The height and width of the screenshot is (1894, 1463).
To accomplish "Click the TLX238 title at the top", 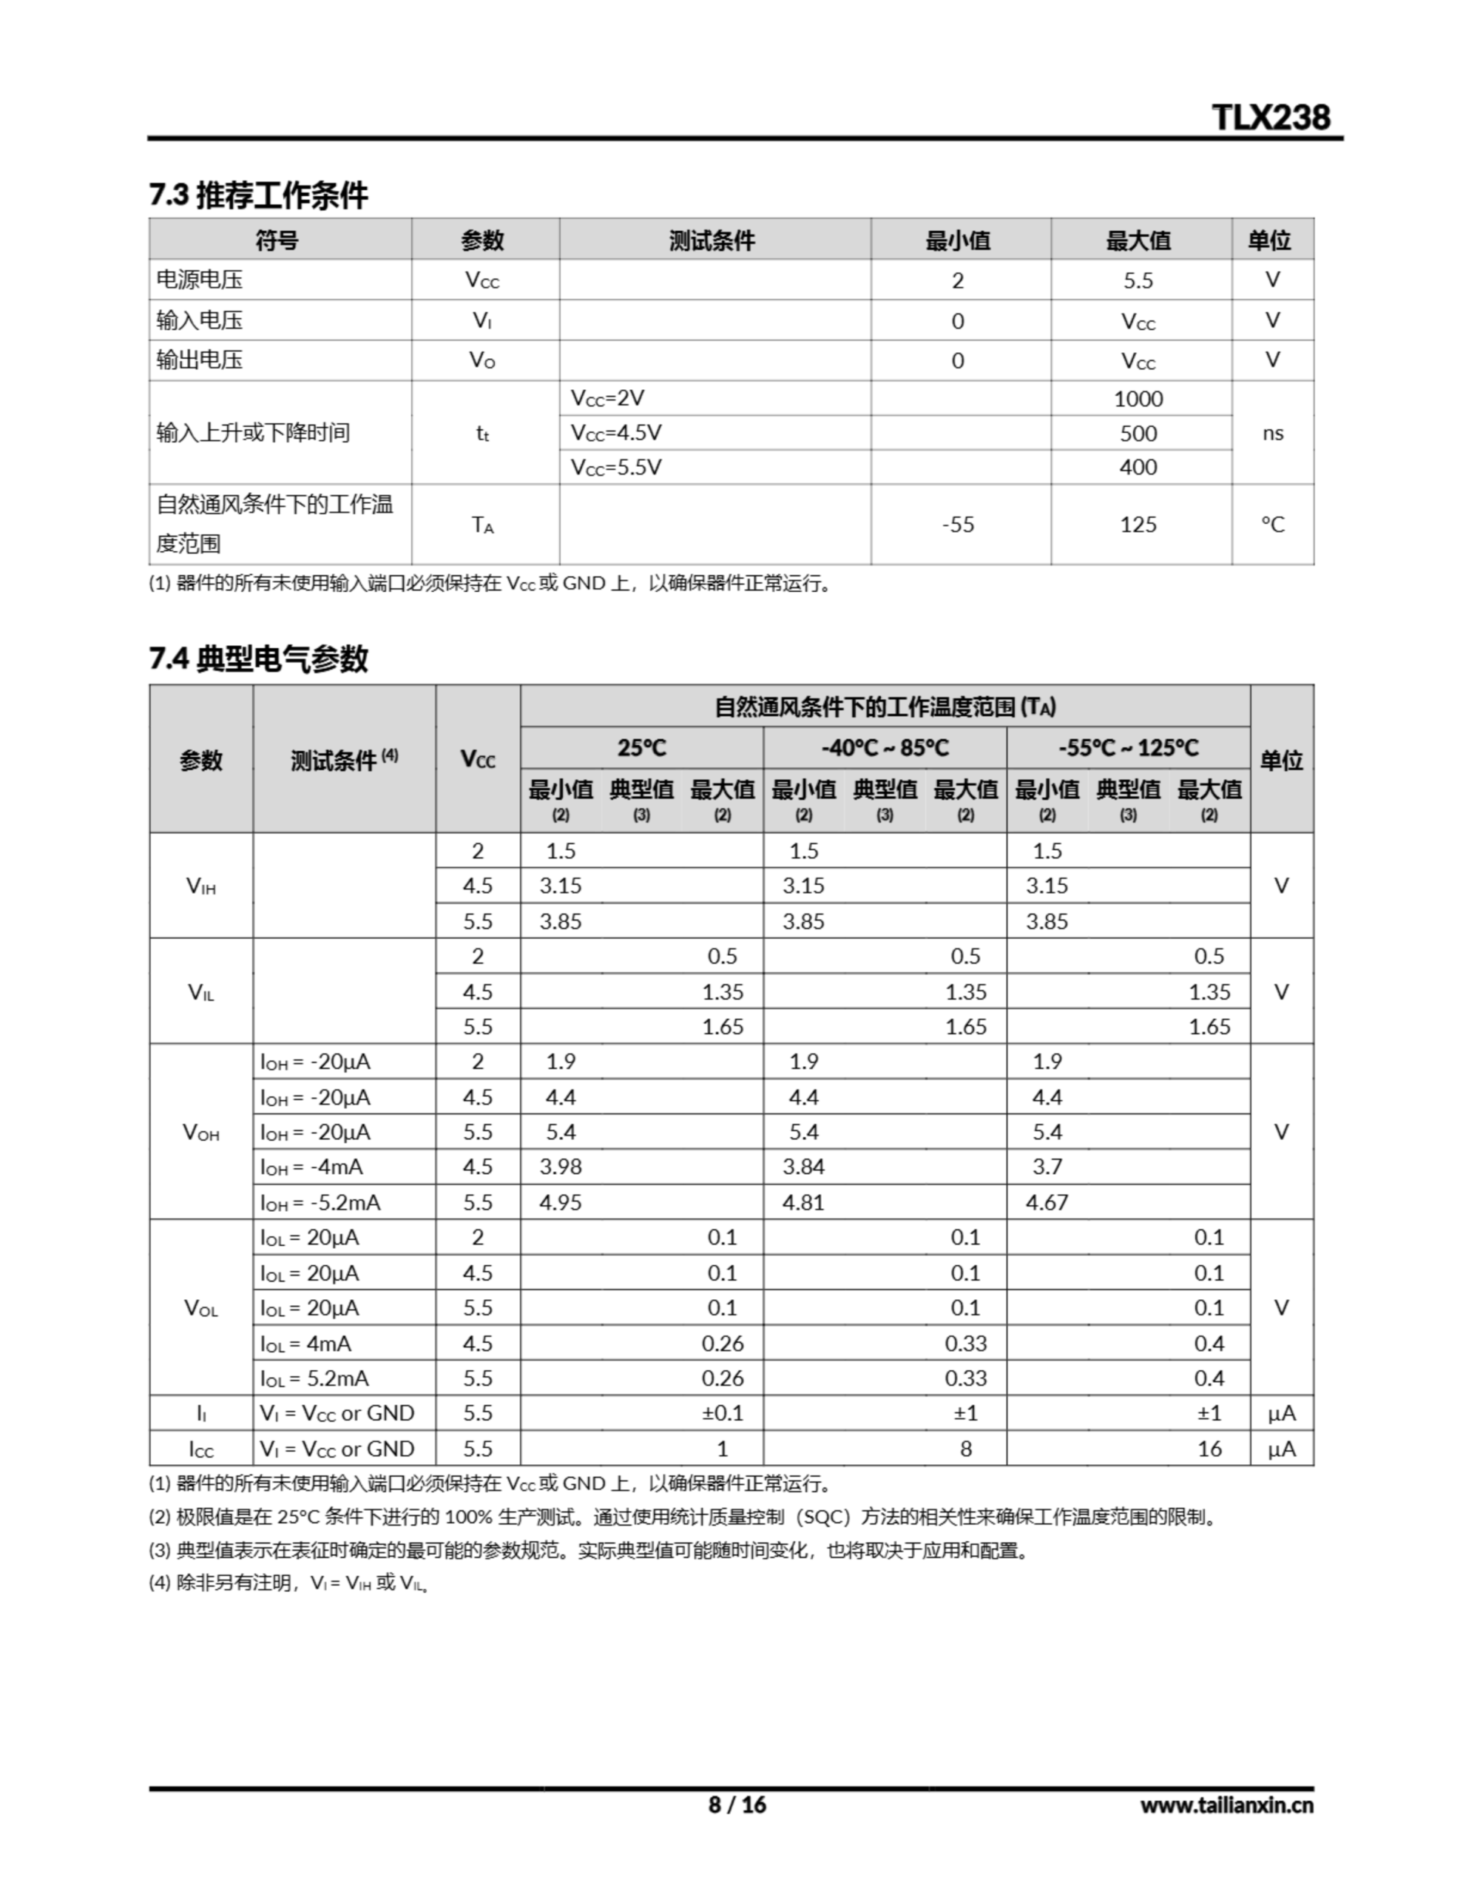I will pyautogui.click(x=1270, y=117).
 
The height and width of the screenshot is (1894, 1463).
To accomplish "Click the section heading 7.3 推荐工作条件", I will pyautogui.click(x=258, y=195).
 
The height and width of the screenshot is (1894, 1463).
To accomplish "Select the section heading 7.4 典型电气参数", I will pyautogui.click(x=258, y=659).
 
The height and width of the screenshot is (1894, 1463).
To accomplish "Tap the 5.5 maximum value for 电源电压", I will pyautogui.click(x=1138, y=280).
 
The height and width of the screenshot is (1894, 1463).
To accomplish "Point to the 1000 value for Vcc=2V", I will pyautogui.click(x=1138, y=399).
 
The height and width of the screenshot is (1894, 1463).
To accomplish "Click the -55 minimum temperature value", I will pyautogui.click(x=957, y=525).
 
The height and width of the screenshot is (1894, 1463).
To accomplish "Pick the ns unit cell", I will pyautogui.click(x=1272, y=433).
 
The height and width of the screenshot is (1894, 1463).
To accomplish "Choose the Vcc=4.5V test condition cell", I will pyautogui.click(x=615, y=433).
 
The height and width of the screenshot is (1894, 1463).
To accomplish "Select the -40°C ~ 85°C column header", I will pyautogui.click(x=885, y=747).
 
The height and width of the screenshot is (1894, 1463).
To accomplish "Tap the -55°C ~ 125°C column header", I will pyautogui.click(x=1128, y=747).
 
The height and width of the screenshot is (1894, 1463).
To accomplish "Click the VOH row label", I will pyautogui.click(x=201, y=1133).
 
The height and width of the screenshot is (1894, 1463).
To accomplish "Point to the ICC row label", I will pyautogui.click(x=201, y=1449).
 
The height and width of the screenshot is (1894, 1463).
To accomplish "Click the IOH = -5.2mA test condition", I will pyautogui.click(x=320, y=1203).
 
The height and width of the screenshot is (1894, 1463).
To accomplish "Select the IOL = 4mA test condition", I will pyautogui.click(x=305, y=1344).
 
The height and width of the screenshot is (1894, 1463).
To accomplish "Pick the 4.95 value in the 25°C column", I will pyautogui.click(x=560, y=1203).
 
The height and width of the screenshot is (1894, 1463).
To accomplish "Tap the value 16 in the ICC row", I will pyautogui.click(x=1209, y=1449).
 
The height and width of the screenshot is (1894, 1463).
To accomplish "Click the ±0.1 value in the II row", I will pyautogui.click(x=723, y=1414).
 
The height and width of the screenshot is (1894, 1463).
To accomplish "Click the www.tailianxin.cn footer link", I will pyautogui.click(x=1226, y=1805).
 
